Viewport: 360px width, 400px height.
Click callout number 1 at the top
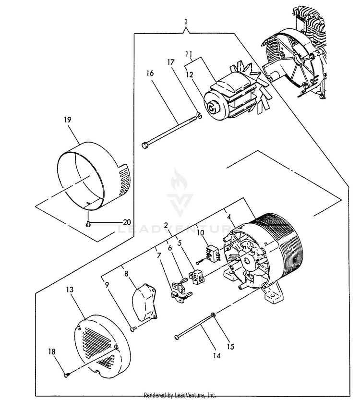(186, 22)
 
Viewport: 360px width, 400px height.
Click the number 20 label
(126, 222)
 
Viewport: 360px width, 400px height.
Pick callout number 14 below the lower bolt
(216, 356)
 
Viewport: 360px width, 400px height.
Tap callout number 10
(201, 233)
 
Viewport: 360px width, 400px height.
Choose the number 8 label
(126, 274)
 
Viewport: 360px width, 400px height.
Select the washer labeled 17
(198, 115)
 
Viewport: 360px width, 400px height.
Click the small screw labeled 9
(133, 328)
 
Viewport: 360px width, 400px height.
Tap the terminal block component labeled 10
(210, 253)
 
